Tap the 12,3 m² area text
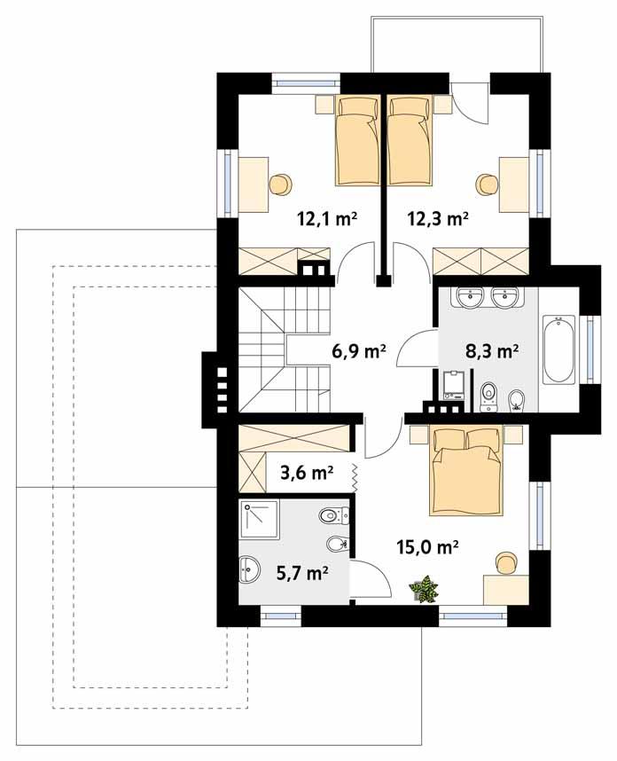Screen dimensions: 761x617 pos(437,216)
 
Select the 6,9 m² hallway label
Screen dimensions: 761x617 pos(358,351)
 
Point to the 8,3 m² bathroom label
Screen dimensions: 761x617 pos(491,351)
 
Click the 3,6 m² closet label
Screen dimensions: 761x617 pos(306,472)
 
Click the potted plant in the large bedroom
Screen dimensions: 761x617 pos(425,589)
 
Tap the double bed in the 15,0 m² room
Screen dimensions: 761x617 pos(466,470)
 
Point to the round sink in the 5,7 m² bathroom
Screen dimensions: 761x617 pos(250,570)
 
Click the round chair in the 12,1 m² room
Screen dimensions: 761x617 pos(279,184)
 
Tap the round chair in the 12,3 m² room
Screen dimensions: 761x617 pos(487,184)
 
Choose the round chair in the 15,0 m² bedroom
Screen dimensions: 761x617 pos(505,561)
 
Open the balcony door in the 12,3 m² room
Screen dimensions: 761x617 pos(470,102)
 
